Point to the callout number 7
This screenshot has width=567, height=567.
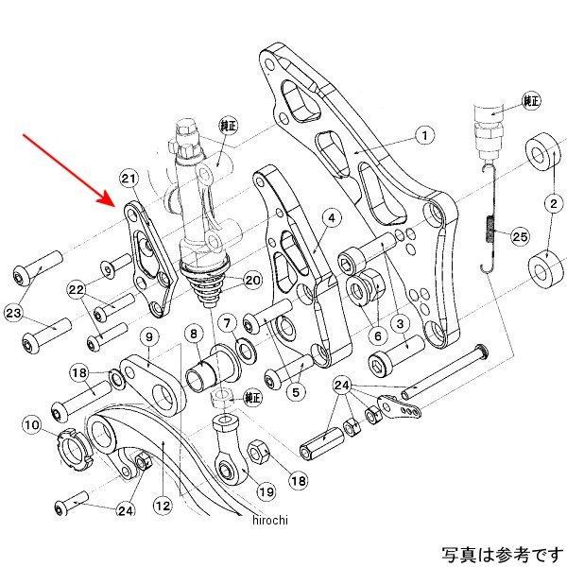point(227,324)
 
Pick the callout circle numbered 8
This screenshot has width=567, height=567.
point(192,334)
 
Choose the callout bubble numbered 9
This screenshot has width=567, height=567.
point(147,336)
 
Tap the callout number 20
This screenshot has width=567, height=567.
point(251,281)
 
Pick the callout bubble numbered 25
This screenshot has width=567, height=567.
point(519,235)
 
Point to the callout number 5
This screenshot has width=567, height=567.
point(300,390)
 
